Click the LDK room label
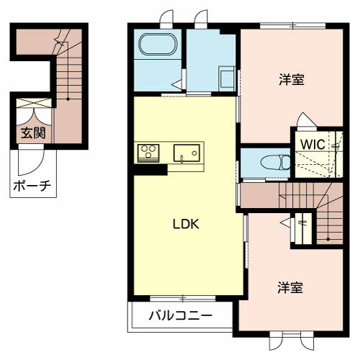[x=185, y=223]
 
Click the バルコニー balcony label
[x=181, y=315]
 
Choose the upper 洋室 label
[x=291, y=80]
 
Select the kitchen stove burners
[x=148, y=152]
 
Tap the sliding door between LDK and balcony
[x=183, y=298]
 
